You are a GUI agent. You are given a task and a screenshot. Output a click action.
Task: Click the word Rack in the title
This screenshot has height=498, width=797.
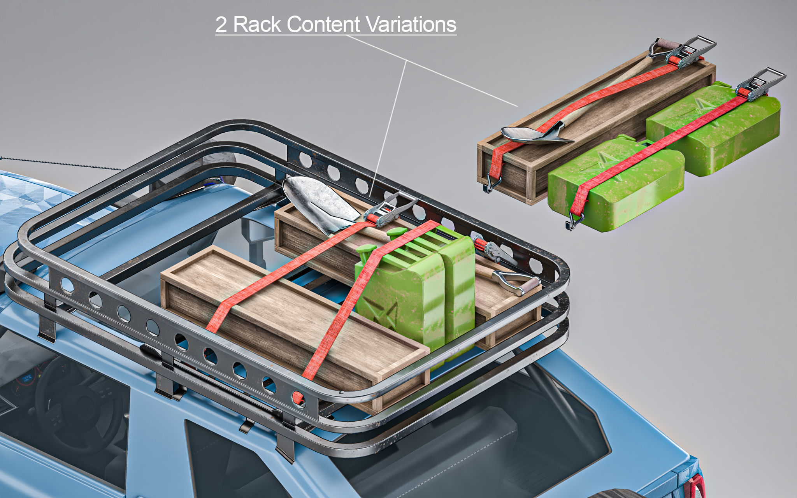(x=257, y=25)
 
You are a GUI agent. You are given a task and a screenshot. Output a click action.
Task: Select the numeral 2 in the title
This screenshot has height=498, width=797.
(x=221, y=25)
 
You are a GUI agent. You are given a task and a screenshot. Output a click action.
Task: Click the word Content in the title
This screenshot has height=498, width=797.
(x=323, y=25)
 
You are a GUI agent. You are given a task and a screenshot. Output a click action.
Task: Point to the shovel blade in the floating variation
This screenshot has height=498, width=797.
(x=533, y=134)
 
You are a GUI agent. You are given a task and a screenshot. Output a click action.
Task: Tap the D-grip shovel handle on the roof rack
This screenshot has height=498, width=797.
(x=518, y=282)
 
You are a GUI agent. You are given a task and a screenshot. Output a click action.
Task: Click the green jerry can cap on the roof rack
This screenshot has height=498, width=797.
(x=366, y=251)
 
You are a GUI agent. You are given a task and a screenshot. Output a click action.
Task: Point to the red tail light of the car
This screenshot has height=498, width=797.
(x=695, y=486)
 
